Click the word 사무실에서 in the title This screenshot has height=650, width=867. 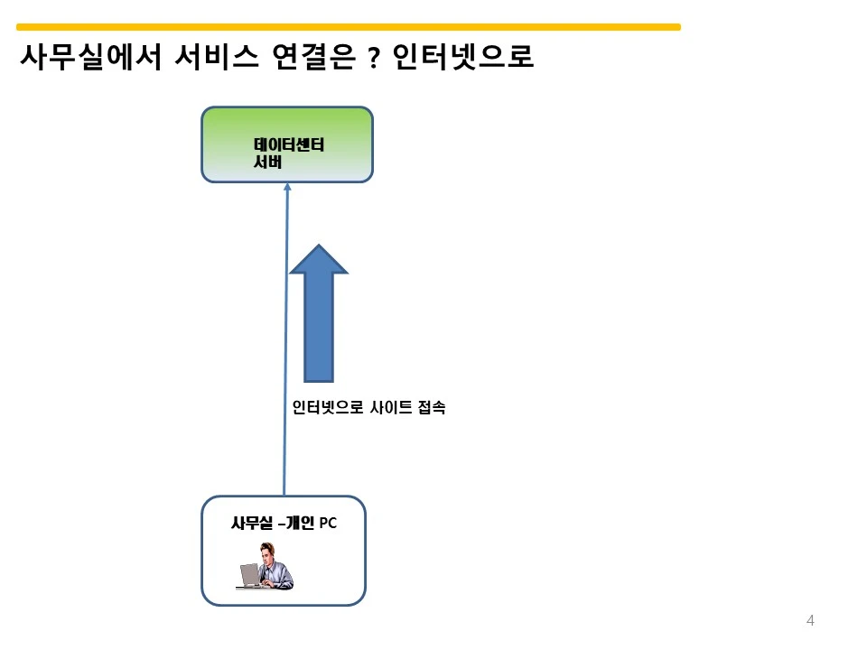90,56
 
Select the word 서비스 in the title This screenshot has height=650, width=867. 216,56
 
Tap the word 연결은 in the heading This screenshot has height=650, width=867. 313,56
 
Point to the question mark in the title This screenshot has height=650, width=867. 374,58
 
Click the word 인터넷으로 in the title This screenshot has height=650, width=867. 463,56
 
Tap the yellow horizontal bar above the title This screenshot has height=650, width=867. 349,26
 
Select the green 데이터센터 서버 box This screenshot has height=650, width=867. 287,144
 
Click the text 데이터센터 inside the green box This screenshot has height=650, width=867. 289,144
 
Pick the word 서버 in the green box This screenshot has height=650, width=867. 267,162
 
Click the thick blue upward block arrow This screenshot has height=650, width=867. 319,313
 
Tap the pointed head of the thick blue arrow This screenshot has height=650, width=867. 319,246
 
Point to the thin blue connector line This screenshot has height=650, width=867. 286,339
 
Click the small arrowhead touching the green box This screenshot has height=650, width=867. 287,186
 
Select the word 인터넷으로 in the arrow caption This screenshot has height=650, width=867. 327,407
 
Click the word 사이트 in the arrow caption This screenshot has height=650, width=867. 391,407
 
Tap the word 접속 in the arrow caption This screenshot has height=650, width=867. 432,407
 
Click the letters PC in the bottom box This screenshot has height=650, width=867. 328,523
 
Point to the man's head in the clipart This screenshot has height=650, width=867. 267,551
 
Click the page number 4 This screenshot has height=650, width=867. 810,620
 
